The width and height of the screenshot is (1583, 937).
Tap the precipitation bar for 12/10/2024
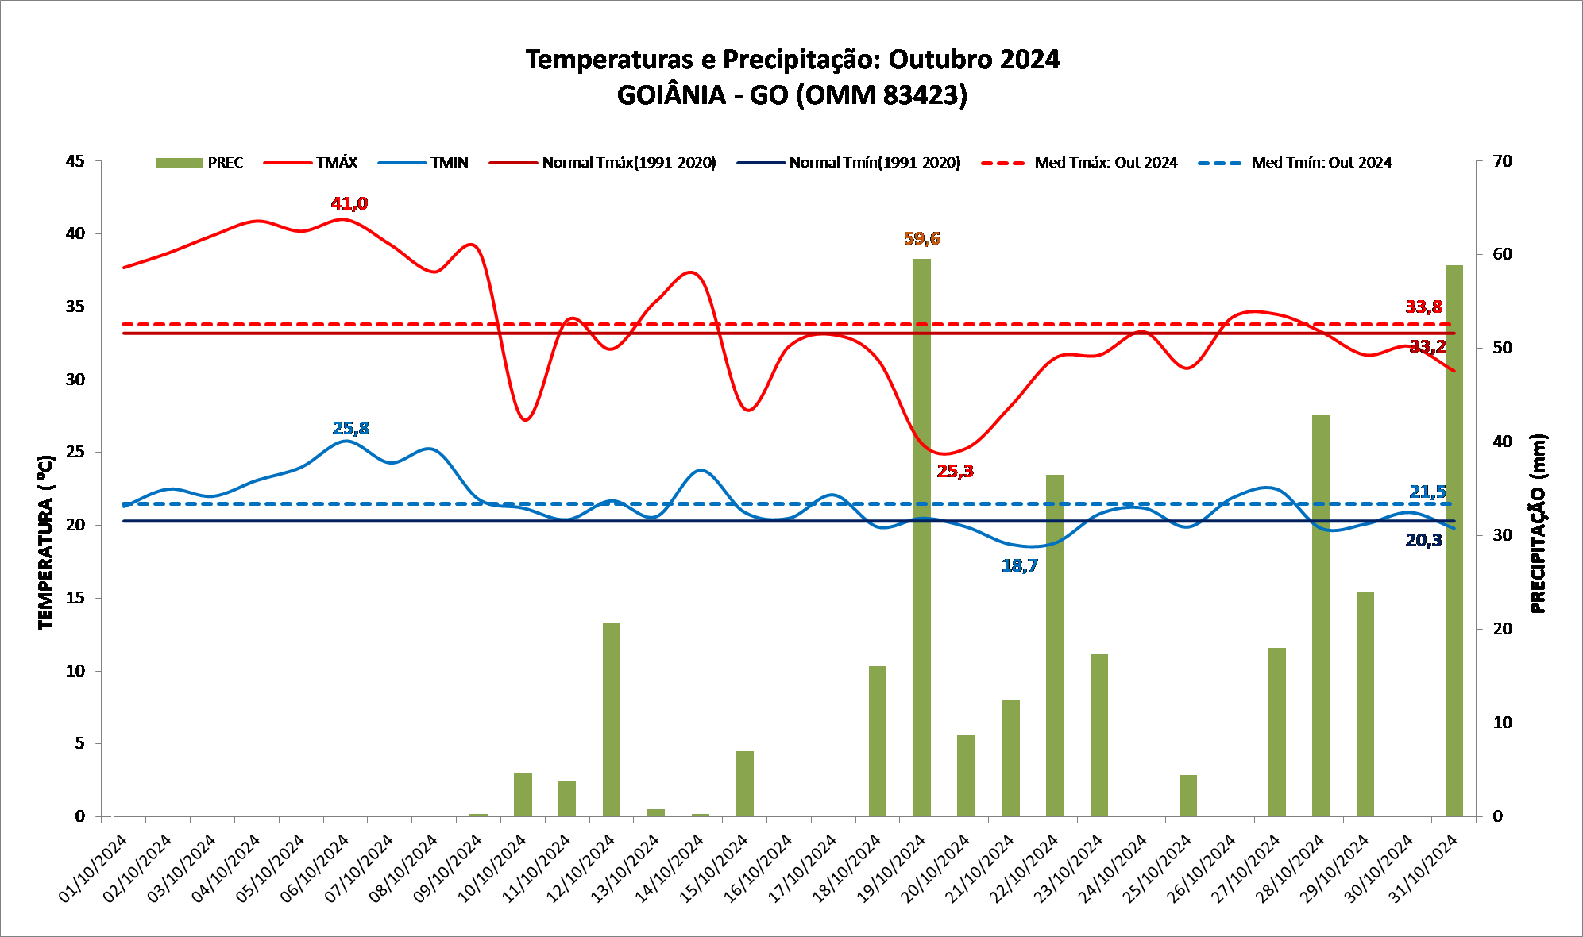click(611, 719)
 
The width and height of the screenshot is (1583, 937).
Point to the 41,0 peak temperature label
click(349, 203)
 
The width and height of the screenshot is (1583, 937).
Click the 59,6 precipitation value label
click(921, 238)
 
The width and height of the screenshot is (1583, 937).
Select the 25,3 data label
click(955, 471)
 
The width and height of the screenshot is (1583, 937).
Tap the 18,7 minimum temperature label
click(1019, 565)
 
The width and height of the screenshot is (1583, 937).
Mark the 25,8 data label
click(350, 428)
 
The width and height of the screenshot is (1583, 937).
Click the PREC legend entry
click(200, 163)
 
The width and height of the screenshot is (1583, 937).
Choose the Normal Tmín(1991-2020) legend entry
click(849, 163)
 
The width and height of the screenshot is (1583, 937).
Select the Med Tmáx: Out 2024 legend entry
click(1080, 163)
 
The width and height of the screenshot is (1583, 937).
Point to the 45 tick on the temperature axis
click(75, 161)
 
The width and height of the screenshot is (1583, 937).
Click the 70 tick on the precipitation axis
click(1502, 161)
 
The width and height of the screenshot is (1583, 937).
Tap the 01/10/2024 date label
click(94, 868)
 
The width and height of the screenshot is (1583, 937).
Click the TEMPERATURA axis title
click(46, 543)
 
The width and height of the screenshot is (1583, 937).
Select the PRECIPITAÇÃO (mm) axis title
click(1538, 524)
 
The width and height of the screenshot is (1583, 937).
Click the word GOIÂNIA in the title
click(671, 95)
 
